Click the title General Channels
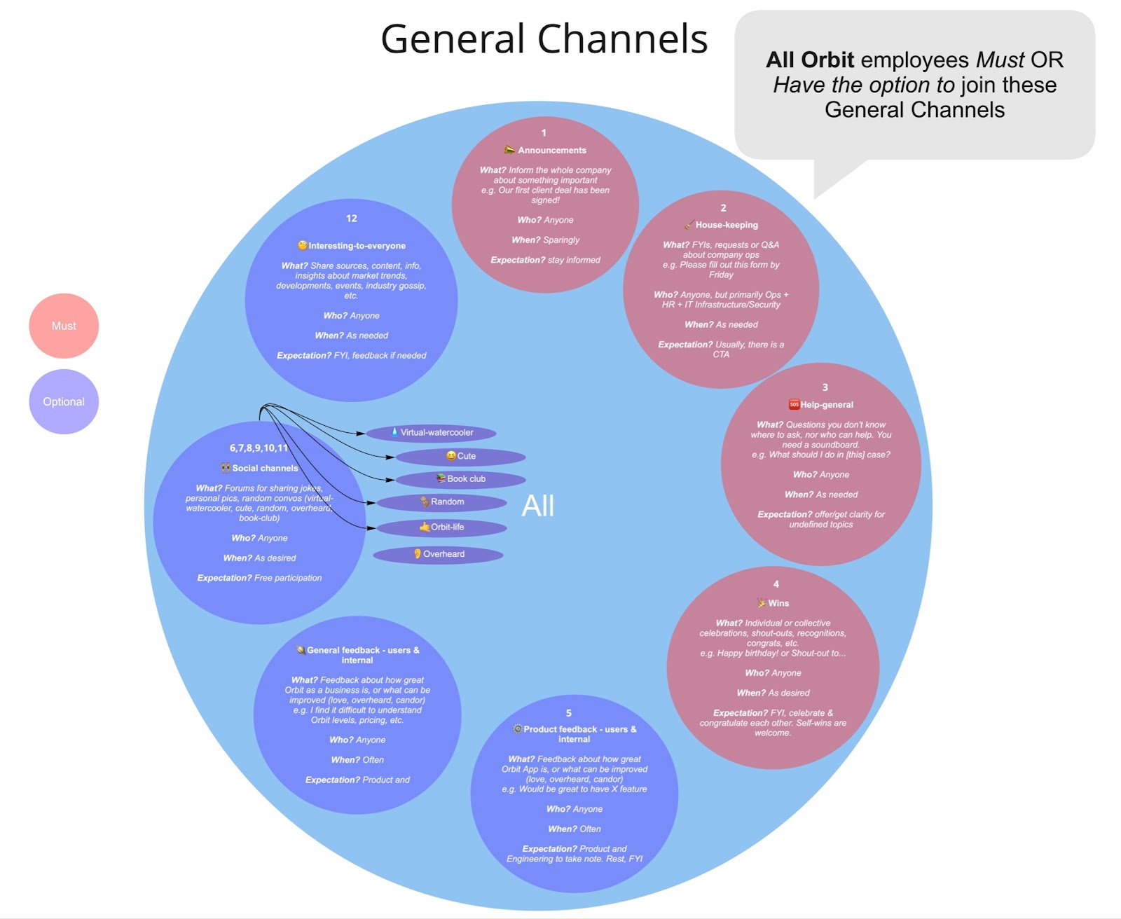pos(544,39)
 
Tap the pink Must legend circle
pos(64,326)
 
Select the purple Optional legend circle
pos(64,401)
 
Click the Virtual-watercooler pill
pos(431,433)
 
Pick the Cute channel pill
pos(461,456)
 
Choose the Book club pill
pos(461,479)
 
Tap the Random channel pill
pos(442,502)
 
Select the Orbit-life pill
pos(442,527)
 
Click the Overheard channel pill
pos(439,554)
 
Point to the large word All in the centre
pos(538,506)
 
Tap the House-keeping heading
pos(726,225)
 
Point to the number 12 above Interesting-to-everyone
pos(352,219)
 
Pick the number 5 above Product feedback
pos(569,713)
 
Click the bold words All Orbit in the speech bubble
pos(810,60)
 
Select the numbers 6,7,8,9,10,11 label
pos(259,448)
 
